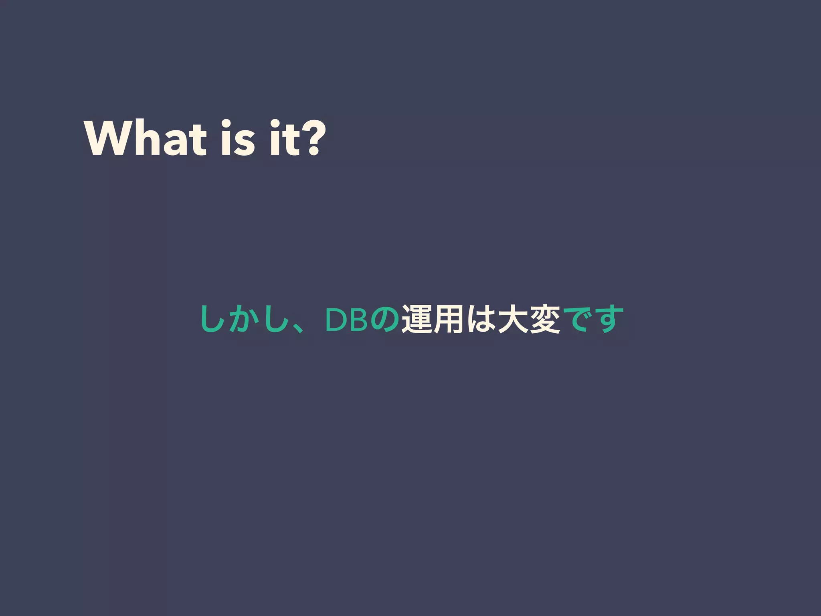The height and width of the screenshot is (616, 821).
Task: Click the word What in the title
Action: [x=145, y=138]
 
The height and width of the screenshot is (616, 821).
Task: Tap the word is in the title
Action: [x=237, y=138]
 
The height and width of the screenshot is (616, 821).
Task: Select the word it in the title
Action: [x=285, y=138]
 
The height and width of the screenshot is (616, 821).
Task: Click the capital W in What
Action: [x=107, y=138]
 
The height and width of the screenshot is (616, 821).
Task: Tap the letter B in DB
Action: [x=358, y=320]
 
